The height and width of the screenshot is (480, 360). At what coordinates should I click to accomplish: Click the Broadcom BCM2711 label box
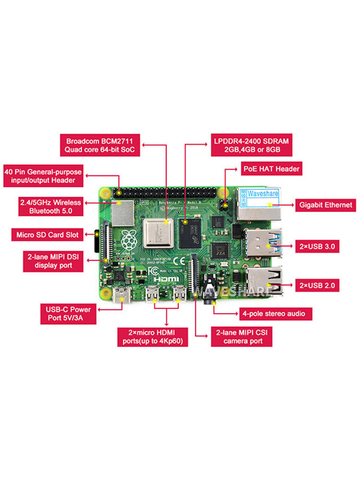[100, 146]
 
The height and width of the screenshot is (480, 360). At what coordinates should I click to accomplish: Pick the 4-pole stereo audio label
[276, 314]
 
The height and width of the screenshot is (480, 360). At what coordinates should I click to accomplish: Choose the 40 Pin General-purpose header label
[43, 176]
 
